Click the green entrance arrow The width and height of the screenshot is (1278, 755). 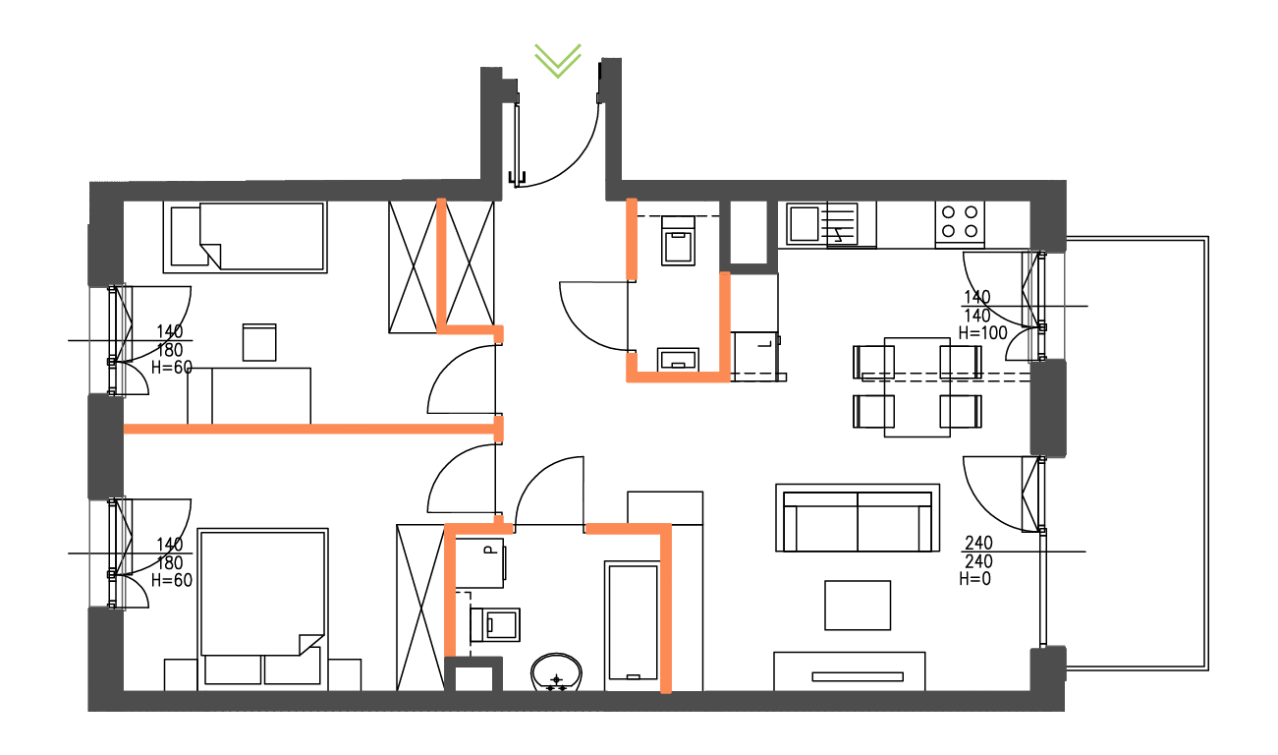(558, 60)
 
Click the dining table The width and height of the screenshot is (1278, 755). (917, 386)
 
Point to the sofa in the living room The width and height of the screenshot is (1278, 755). (858, 518)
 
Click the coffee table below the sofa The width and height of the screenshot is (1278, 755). (858, 605)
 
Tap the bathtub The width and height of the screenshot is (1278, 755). (631, 621)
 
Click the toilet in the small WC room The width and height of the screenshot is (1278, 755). (679, 242)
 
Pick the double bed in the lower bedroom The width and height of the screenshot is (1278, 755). (262, 593)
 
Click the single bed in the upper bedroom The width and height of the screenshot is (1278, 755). (247, 236)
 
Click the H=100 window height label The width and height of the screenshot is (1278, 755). (982, 332)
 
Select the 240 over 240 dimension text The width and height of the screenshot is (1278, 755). (978, 552)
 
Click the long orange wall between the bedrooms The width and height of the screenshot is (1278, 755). (308, 429)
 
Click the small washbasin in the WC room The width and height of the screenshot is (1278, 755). (677, 358)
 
